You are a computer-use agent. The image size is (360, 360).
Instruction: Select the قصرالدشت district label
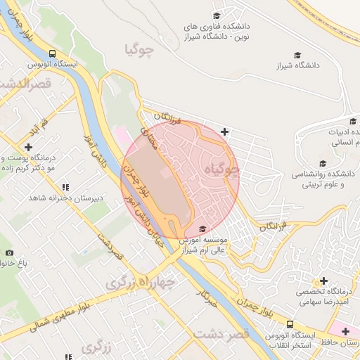point(21,85)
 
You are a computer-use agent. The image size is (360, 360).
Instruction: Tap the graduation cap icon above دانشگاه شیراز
point(297,54)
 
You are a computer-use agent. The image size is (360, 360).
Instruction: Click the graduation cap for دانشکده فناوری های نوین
point(217,15)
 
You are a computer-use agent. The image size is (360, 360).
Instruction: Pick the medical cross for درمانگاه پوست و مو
point(28,147)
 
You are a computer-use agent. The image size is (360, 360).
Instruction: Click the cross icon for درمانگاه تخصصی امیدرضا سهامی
point(324,281)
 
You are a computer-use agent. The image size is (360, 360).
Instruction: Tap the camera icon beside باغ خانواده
point(9,252)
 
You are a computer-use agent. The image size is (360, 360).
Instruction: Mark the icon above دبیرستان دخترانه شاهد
point(65,187)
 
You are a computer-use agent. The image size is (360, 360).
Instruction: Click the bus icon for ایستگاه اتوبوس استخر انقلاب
point(290,323)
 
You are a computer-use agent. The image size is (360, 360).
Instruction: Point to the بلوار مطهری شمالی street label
point(63,317)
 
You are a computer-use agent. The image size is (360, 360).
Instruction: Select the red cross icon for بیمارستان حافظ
point(345,330)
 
